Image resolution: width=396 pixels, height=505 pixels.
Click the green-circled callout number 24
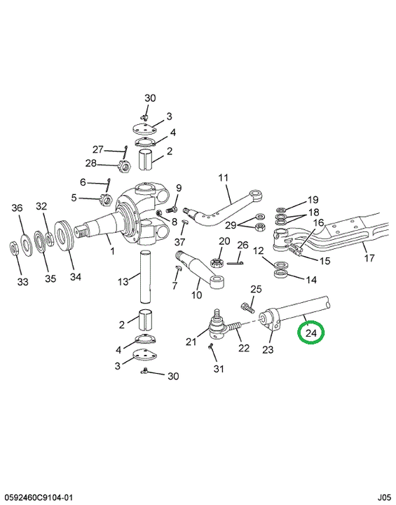(311, 332)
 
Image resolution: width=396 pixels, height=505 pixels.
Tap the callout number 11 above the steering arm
(223, 177)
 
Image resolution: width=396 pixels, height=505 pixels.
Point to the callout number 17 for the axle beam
(369, 257)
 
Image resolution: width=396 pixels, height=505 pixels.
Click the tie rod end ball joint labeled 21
(218, 327)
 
